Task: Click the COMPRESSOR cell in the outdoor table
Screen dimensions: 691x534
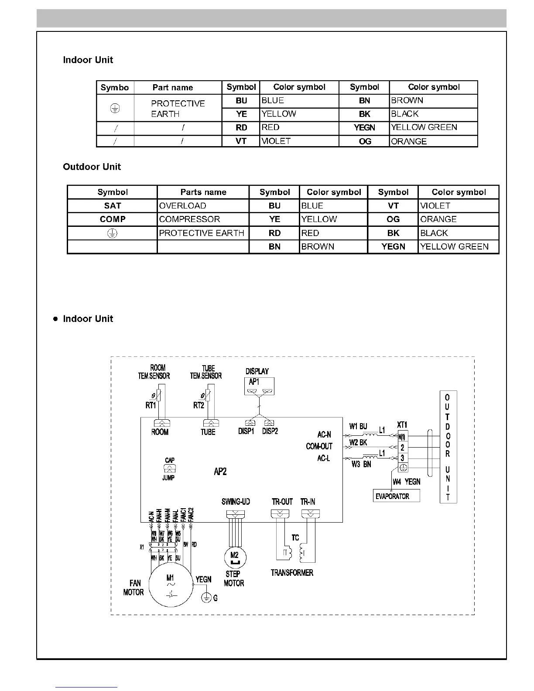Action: click(x=203, y=219)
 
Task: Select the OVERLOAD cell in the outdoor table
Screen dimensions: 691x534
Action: click(x=203, y=206)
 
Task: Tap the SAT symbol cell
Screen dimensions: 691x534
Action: click(x=113, y=206)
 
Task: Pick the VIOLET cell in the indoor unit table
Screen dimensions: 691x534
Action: click(x=299, y=141)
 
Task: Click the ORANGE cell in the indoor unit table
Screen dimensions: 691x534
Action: click(x=433, y=141)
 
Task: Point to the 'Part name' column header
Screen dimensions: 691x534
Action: click(x=173, y=88)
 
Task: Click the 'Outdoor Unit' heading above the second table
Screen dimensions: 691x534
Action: click(x=92, y=167)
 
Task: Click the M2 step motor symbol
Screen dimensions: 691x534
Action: click(x=234, y=557)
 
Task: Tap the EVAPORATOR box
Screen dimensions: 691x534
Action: click(x=397, y=496)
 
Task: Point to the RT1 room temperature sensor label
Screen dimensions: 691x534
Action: click(x=151, y=405)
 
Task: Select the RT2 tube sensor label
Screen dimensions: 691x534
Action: click(x=199, y=405)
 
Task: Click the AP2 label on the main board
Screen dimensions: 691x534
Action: click(x=220, y=472)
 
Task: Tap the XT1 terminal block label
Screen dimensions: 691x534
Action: click(x=402, y=424)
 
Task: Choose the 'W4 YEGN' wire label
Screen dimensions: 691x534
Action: click(x=406, y=482)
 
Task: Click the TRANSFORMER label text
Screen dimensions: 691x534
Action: click(x=292, y=573)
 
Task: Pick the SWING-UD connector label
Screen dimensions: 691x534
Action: click(x=236, y=502)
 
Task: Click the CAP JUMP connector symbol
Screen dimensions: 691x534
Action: click(x=169, y=469)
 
